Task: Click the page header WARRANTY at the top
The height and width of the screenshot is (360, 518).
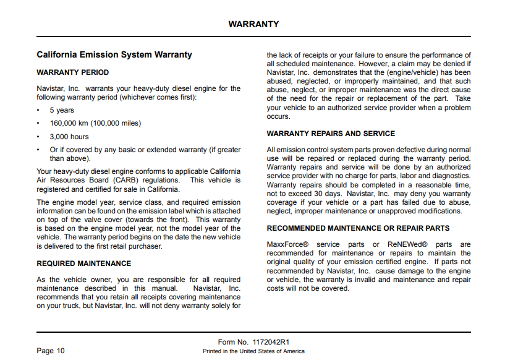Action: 253,25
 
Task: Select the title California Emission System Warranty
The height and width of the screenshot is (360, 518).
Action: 114,55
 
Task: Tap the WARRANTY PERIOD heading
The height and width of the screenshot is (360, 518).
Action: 72,72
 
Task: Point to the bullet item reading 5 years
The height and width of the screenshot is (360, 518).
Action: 62,110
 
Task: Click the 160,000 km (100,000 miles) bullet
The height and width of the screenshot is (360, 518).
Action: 95,123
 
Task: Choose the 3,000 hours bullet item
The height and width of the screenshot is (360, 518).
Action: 69,137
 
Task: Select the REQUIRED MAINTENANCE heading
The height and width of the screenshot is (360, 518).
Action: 83,264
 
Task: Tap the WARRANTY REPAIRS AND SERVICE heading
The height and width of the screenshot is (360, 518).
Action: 331,134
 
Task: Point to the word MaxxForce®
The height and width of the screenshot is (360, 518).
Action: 287,244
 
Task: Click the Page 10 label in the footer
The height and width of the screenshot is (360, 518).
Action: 51,351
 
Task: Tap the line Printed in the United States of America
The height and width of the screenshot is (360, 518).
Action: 253,351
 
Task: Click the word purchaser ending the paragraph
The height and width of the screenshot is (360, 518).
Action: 146,246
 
